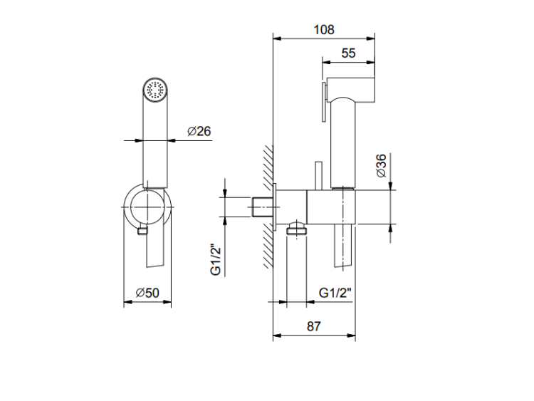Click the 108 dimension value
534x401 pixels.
pyautogui.click(x=324, y=30)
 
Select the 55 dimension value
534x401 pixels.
pyautogui.click(x=348, y=53)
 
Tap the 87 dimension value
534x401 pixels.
pyautogui.click(x=314, y=326)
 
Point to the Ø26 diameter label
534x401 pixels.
pyautogui.click(x=199, y=131)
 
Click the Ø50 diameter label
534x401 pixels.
pyautogui.click(x=147, y=293)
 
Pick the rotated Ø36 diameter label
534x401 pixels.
pyautogui.click(x=382, y=165)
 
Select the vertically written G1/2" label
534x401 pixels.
pyautogui.click(x=216, y=259)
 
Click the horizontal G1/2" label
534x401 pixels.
pyautogui.click(x=335, y=292)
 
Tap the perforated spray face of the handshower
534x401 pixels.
pyautogui.click(x=155, y=90)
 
